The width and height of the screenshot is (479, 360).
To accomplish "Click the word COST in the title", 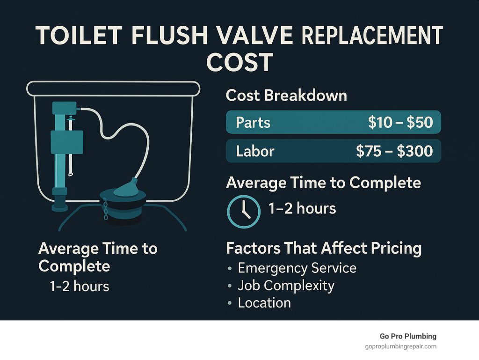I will coord(239,62).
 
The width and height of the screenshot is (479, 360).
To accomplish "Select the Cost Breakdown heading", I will coord(286,96).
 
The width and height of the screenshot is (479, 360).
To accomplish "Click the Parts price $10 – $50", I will coord(400,123).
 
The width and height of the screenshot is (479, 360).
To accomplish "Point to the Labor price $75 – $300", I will coord(394,151).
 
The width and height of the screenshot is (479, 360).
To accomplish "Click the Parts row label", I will coord(253,123).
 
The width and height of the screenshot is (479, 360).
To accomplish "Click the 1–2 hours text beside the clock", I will coord(302,208).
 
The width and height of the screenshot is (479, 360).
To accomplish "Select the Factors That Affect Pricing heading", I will coord(324,248).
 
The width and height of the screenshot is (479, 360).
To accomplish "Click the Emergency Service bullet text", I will coord(297,268).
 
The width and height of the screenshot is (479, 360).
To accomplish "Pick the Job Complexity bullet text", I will coord(286,285).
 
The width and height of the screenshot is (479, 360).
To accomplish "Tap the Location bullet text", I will coord(264,302).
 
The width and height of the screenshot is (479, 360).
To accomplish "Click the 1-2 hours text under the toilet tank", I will coord(80,286).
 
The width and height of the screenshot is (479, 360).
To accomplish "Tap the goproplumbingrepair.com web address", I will coord(400,346).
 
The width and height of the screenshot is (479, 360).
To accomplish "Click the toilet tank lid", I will coord(113,87).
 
